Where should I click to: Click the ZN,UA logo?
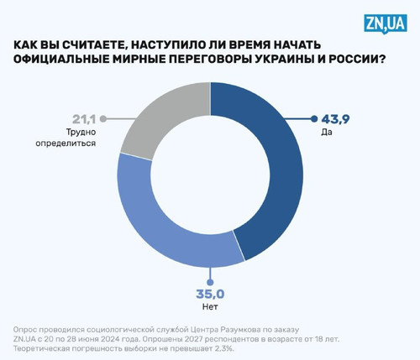pyautogui.click(x=386, y=24)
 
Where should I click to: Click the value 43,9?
pyautogui.click(x=335, y=119)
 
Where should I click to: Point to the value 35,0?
pyautogui.click(x=210, y=295)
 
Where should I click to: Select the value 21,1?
pyautogui.click(x=84, y=119)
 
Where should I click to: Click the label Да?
pyautogui.click(x=327, y=132)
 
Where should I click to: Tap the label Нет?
pyautogui.click(x=210, y=306)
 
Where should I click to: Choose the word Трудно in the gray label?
pyautogui.click(x=81, y=132)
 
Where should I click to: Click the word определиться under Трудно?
pyautogui.click(x=66, y=143)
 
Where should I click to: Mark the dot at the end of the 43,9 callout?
pyautogui.click(x=314, y=119)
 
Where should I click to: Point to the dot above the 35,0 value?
pyautogui.click(x=210, y=282)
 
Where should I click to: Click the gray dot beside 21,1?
pyautogui.click(x=103, y=119)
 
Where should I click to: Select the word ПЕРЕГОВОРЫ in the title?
pyautogui.click(x=207, y=59)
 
